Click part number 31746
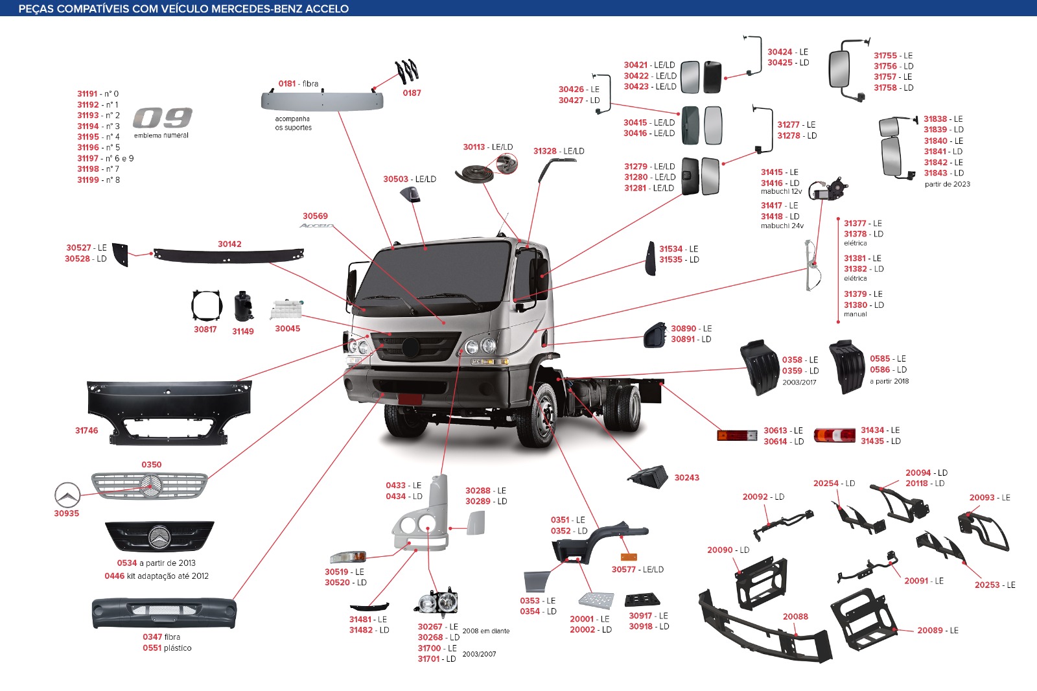(x=87, y=430)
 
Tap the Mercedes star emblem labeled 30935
(x=67, y=495)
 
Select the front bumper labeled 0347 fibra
(x=164, y=613)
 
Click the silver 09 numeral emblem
(x=163, y=117)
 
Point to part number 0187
(x=412, y=93)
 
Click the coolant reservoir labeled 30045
(x=286, y=309)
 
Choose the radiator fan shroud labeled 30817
(x=207, y=306)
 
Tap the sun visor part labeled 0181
(x=322, y=100)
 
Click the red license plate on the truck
(x=410, y=399)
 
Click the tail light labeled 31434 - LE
(x=835, y=435)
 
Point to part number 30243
(x=686, y=478)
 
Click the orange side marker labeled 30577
(x=629, y=557)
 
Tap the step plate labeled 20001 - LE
(x=596, y=600)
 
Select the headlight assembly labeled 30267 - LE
(x=437, y=602)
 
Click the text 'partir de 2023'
(x=947, y=184)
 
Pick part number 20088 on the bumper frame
(x=795, y=616)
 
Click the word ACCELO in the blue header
(x=327, y=8)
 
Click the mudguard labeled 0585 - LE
(x=847, y=367)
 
